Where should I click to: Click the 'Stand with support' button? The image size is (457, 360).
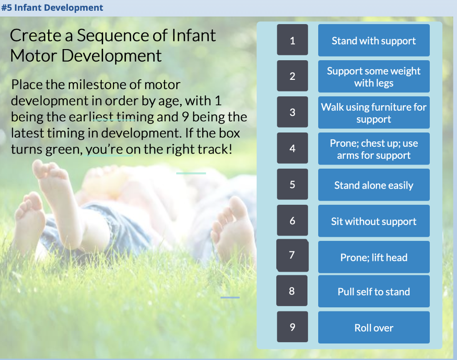pos(374,41)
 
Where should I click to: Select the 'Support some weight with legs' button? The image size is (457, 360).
pos(374,77)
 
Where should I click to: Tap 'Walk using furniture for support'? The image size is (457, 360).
pos(374,113)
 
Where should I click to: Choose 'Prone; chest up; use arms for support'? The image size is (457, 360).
pos(374,149)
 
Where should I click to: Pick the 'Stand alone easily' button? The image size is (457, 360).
pos(374,185)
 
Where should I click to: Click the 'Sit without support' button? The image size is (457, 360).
pos(374,221)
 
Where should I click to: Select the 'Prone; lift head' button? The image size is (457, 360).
pos(374,257)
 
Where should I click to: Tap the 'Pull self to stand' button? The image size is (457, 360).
pos(374,292)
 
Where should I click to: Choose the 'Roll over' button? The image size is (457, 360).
pos(374,328)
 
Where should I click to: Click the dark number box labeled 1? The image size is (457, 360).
pos(292,40)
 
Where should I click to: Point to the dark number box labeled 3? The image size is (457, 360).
pos(292,112)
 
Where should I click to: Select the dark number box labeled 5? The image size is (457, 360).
pos(292,184)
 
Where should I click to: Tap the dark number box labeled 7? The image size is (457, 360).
pos(292,255)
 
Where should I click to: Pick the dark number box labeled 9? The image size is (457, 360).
pos(292,327)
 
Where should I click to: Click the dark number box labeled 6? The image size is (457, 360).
pos(292,220)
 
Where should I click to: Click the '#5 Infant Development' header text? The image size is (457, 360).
pos(52,8)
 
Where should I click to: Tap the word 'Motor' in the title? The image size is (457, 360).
pos(33,56)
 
